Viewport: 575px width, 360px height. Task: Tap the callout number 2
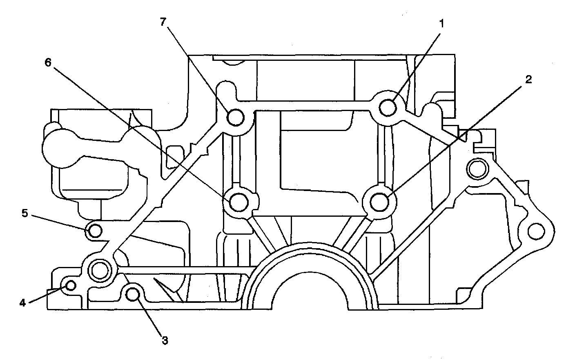click(528, 80)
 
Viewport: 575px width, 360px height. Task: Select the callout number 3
click(165, 340)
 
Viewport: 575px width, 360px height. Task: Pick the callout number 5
click(25, 213)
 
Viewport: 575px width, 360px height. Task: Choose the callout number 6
click(48, 63)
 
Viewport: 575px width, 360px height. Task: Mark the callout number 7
click(163, 22)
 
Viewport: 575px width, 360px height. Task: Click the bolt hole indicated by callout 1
click(388, 108)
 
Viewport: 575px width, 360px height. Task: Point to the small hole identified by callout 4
click(70, 285)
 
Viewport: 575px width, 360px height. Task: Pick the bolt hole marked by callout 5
click(95, 231)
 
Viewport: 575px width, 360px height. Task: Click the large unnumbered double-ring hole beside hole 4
click(99, 270)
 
